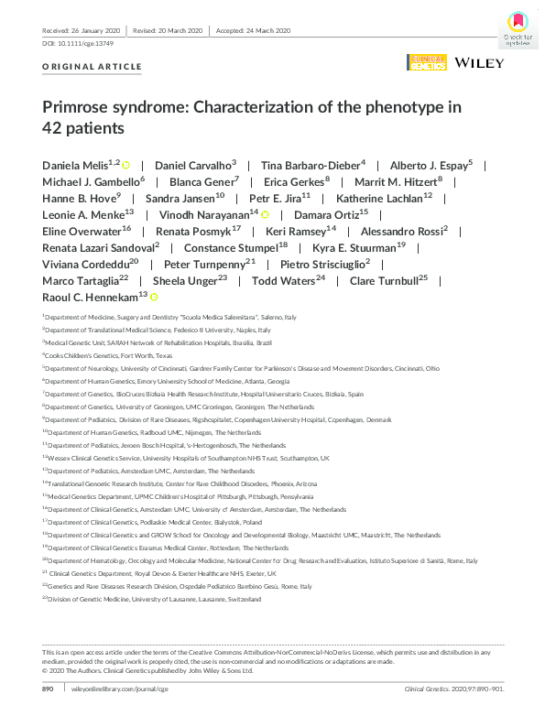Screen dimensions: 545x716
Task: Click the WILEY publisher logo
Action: pos(478,63)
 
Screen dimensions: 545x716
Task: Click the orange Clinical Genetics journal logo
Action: pos(427,63)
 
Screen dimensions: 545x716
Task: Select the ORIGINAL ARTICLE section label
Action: pos(93,67)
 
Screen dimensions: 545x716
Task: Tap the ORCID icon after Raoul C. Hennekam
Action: pos(154,297)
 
